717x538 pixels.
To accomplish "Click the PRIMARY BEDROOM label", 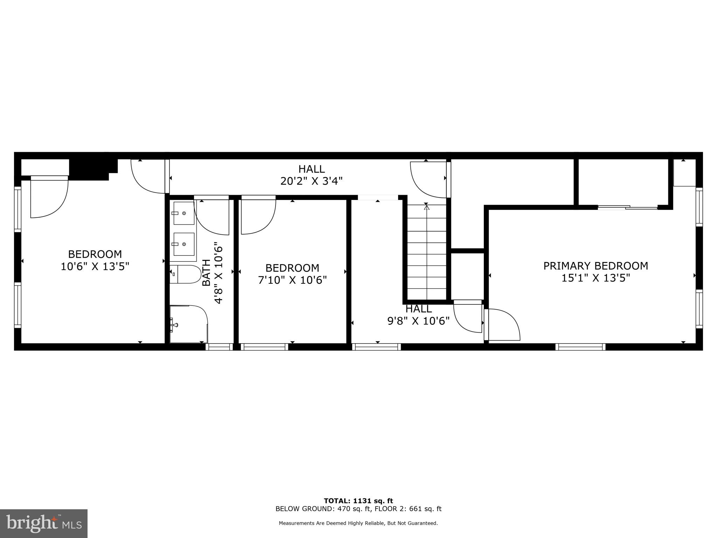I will click(596, 266).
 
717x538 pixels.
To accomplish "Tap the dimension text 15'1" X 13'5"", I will click(596, 278).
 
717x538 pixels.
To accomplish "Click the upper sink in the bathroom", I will click(184, 213).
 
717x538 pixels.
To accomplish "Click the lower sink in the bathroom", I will click(184, 244).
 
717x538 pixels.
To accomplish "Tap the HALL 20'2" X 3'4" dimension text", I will click(311, 181).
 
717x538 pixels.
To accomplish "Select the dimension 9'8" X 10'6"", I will click(418, 321).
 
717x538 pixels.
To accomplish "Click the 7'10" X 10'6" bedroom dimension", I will click(292, 280).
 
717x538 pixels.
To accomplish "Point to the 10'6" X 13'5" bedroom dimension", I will click(95, 267).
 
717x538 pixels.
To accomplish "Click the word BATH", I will click(207, 273).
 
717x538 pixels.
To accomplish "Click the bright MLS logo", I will click(44, 523).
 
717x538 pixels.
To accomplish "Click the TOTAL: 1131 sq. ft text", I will click(358, 501).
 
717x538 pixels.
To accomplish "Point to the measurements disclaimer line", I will click(358, 523).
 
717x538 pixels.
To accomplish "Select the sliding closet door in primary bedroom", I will click(627, 208).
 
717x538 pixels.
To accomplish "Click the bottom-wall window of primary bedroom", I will click(580, 347).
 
